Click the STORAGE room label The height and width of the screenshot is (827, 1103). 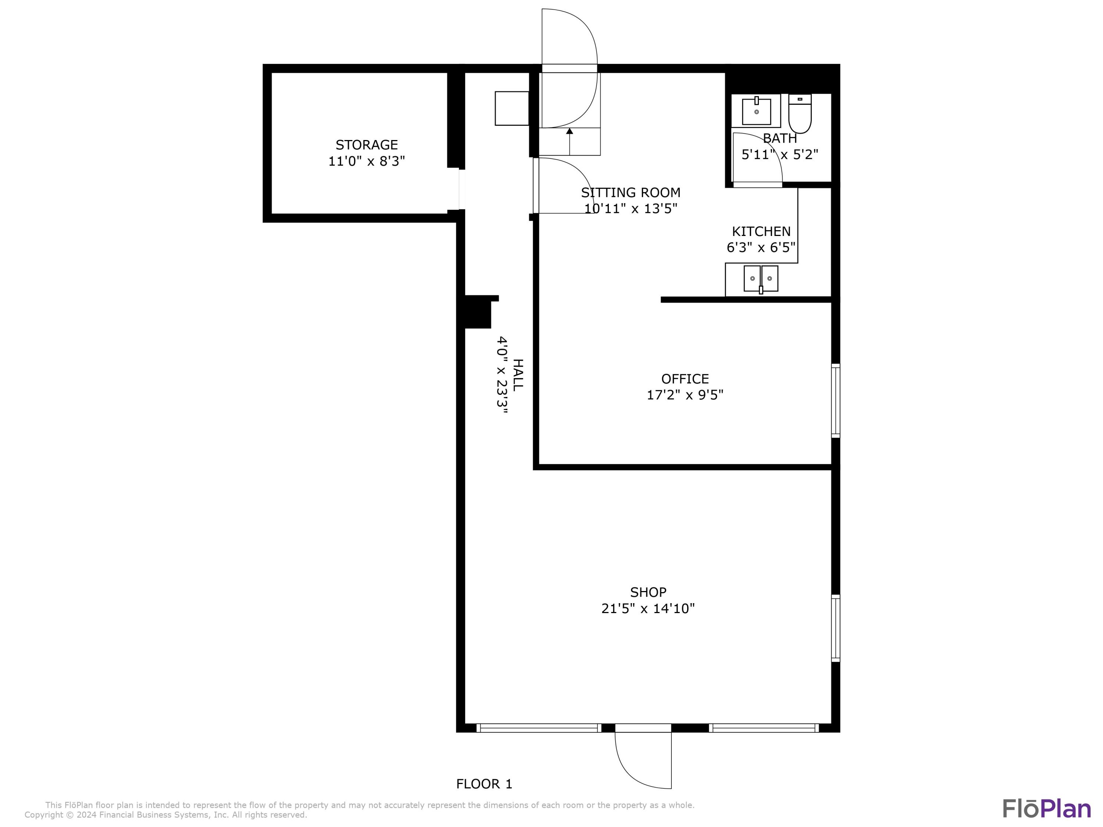pos(367,144)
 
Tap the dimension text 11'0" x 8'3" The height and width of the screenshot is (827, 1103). pos(367,161)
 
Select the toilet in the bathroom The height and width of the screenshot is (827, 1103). pos(800,114)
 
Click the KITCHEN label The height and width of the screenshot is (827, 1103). pos(761,231)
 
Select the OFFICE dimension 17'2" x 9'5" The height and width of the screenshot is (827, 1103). pos(685,395)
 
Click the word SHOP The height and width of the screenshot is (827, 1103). pos(648,592)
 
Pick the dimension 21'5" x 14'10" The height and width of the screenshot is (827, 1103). pos(648,609)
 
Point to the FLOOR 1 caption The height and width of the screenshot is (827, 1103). pos(484,784)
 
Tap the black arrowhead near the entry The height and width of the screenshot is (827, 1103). pos(570,131)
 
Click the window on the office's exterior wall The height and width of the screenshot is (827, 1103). pos(836,401)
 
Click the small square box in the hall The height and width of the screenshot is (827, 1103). pos(512,108)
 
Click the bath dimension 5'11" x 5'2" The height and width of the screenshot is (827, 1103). pos(780,154)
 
